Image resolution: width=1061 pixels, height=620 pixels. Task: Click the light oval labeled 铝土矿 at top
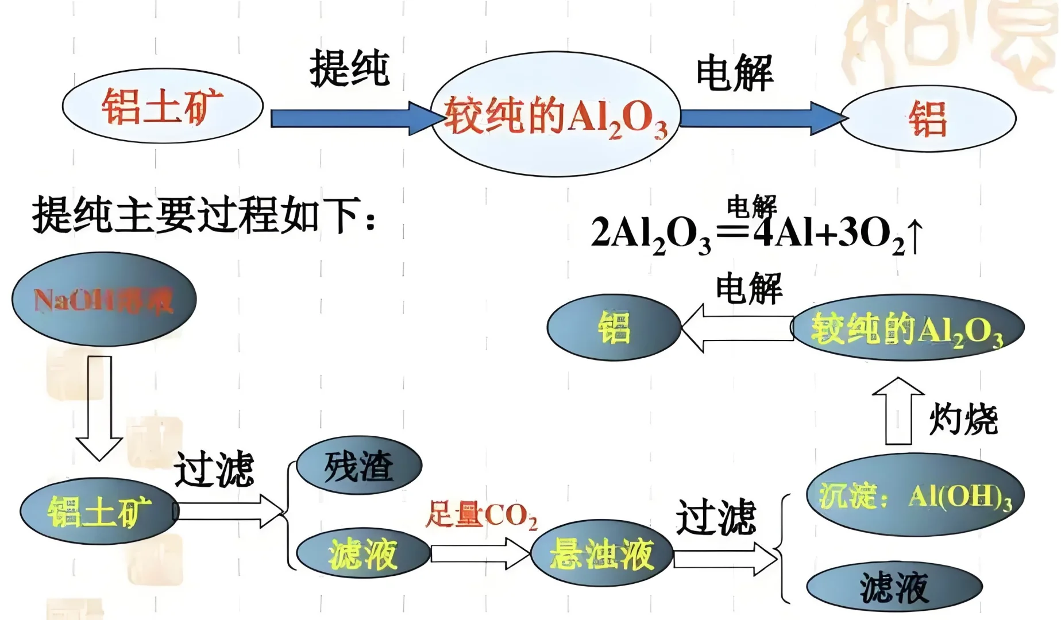pos(163,107)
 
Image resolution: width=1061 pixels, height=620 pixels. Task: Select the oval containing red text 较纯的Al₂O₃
pos(555,115)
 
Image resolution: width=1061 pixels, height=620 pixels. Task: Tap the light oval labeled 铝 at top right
pos(928,119)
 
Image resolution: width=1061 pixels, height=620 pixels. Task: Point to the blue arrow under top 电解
pos(758,118)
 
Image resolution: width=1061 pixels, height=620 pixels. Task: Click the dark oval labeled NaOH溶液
pos(104,300)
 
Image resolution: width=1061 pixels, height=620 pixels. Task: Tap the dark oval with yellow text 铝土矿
pos(99,511)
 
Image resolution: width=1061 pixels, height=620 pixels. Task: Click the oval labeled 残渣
pos(359,466)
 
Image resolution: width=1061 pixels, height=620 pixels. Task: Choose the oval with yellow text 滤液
pos(363,553)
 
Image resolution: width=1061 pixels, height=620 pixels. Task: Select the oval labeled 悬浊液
pos(601,553)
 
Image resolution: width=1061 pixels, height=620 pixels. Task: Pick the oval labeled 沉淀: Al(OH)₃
pos(915,495)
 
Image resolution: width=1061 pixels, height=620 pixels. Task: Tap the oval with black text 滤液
pos(894,587)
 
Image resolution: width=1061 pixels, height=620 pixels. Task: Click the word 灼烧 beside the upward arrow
pos(963,419)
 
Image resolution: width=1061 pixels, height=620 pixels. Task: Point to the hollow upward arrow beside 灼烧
pos(898,410)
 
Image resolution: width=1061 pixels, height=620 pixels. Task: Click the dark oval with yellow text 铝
pos(614,328)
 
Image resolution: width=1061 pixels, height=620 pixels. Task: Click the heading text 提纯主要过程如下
pos(204,215)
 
